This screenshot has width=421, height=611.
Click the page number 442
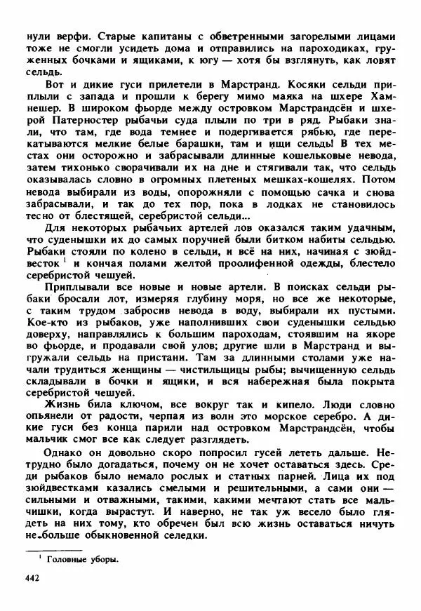(x=32, y=577)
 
